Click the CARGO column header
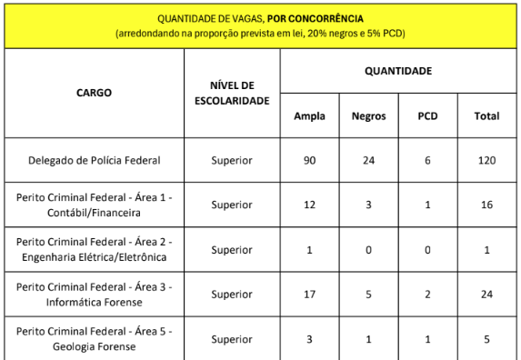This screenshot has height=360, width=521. coord(94,92)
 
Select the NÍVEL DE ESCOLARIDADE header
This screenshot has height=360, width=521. coord(232,92)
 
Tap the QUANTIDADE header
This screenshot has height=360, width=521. coord(398,70)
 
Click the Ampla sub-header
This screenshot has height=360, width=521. coord(309,115)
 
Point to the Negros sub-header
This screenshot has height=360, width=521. coord(368,115)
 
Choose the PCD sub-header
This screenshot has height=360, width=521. coord(427,115)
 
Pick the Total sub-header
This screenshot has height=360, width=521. coord(486,115)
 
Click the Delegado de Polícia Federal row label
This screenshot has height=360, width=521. coord(94,160)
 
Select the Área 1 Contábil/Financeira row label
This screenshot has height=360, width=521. coord(94,205)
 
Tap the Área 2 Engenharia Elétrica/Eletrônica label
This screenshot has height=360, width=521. coord(94,249)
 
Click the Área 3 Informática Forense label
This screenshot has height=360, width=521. coord(94,295)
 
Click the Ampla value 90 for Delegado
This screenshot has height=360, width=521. coord(309,160)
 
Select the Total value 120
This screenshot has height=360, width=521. coord(486,160)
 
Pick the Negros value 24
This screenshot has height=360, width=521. coord(368,160)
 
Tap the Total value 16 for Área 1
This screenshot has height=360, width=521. coord(486,205)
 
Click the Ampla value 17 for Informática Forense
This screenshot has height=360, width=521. coord(309,295)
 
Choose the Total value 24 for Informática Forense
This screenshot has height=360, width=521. coord(486,295)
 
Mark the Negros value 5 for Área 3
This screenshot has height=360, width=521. coord(368,295)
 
